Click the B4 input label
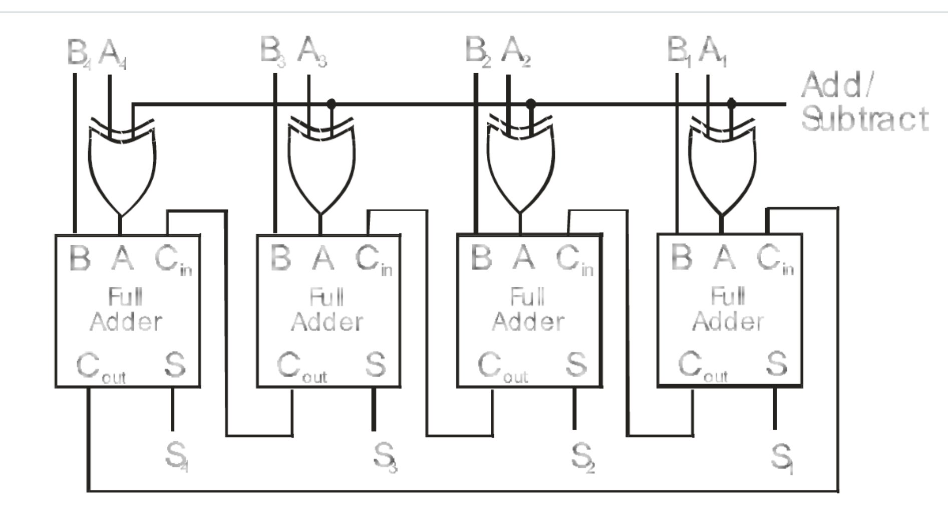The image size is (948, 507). click(79, 53)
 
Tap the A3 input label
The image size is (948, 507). click(312, 53)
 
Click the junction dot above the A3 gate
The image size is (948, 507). click(331, 104)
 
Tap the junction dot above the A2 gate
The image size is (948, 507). click(531, 104)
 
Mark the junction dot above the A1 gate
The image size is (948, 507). click(731, 104)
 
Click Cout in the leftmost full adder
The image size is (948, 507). click(100, 367)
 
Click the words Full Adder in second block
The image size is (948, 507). click(327, 309)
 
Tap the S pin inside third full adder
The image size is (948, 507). click(576, 365)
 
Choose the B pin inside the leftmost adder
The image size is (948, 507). click(80, 258)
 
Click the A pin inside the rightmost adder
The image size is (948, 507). click(724, 258)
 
